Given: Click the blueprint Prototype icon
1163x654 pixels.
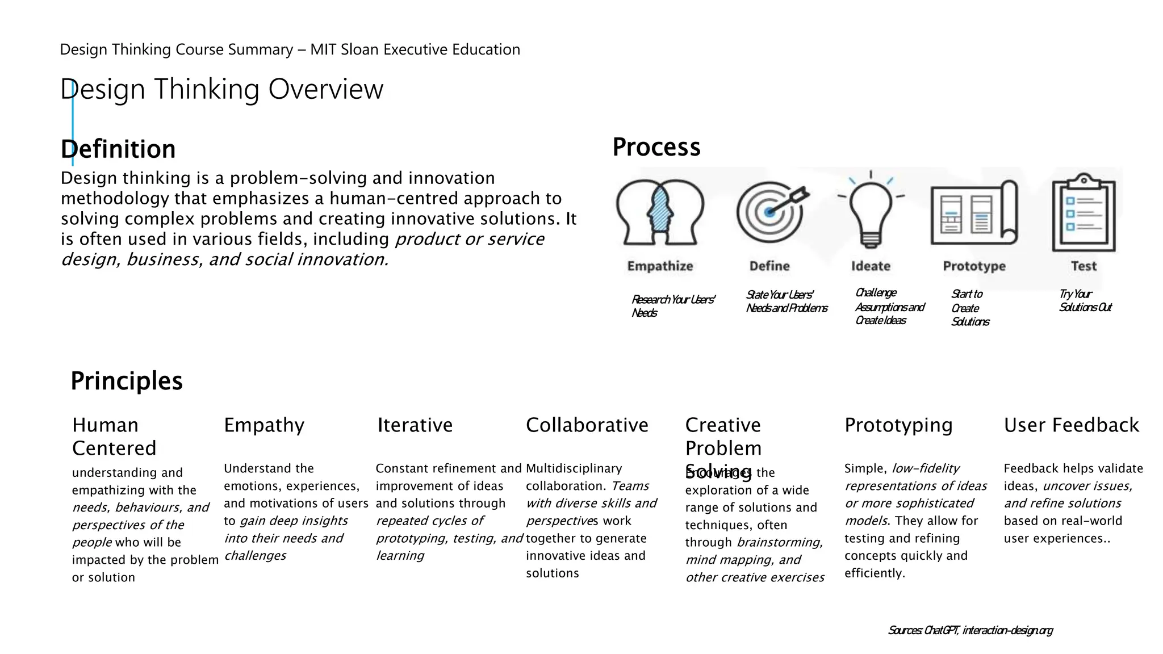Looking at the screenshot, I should (974, 213).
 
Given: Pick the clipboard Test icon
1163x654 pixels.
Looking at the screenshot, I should (1083, 213).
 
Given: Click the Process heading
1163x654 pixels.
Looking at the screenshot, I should (656, 147).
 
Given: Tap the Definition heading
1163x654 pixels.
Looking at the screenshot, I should (118, 149).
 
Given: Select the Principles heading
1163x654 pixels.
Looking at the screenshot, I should (127, 381).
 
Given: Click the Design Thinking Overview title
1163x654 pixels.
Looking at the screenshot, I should (221, 89).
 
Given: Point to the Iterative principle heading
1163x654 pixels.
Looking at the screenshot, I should (415, 425).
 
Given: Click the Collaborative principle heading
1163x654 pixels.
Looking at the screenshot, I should (587, 425).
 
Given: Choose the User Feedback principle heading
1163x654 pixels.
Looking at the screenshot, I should (1071, 425).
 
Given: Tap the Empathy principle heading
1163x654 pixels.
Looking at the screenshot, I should (264, 425).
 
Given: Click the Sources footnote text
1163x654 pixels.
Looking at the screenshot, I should (970, 630).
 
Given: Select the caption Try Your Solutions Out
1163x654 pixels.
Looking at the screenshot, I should (1084, 301).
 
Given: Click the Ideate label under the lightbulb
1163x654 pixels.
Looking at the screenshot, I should (871, 266).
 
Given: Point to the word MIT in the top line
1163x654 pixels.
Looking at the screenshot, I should (323, 50).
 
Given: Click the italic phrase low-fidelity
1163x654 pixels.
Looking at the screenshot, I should (925, 468).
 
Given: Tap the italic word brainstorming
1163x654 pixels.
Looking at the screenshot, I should (780, 542).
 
